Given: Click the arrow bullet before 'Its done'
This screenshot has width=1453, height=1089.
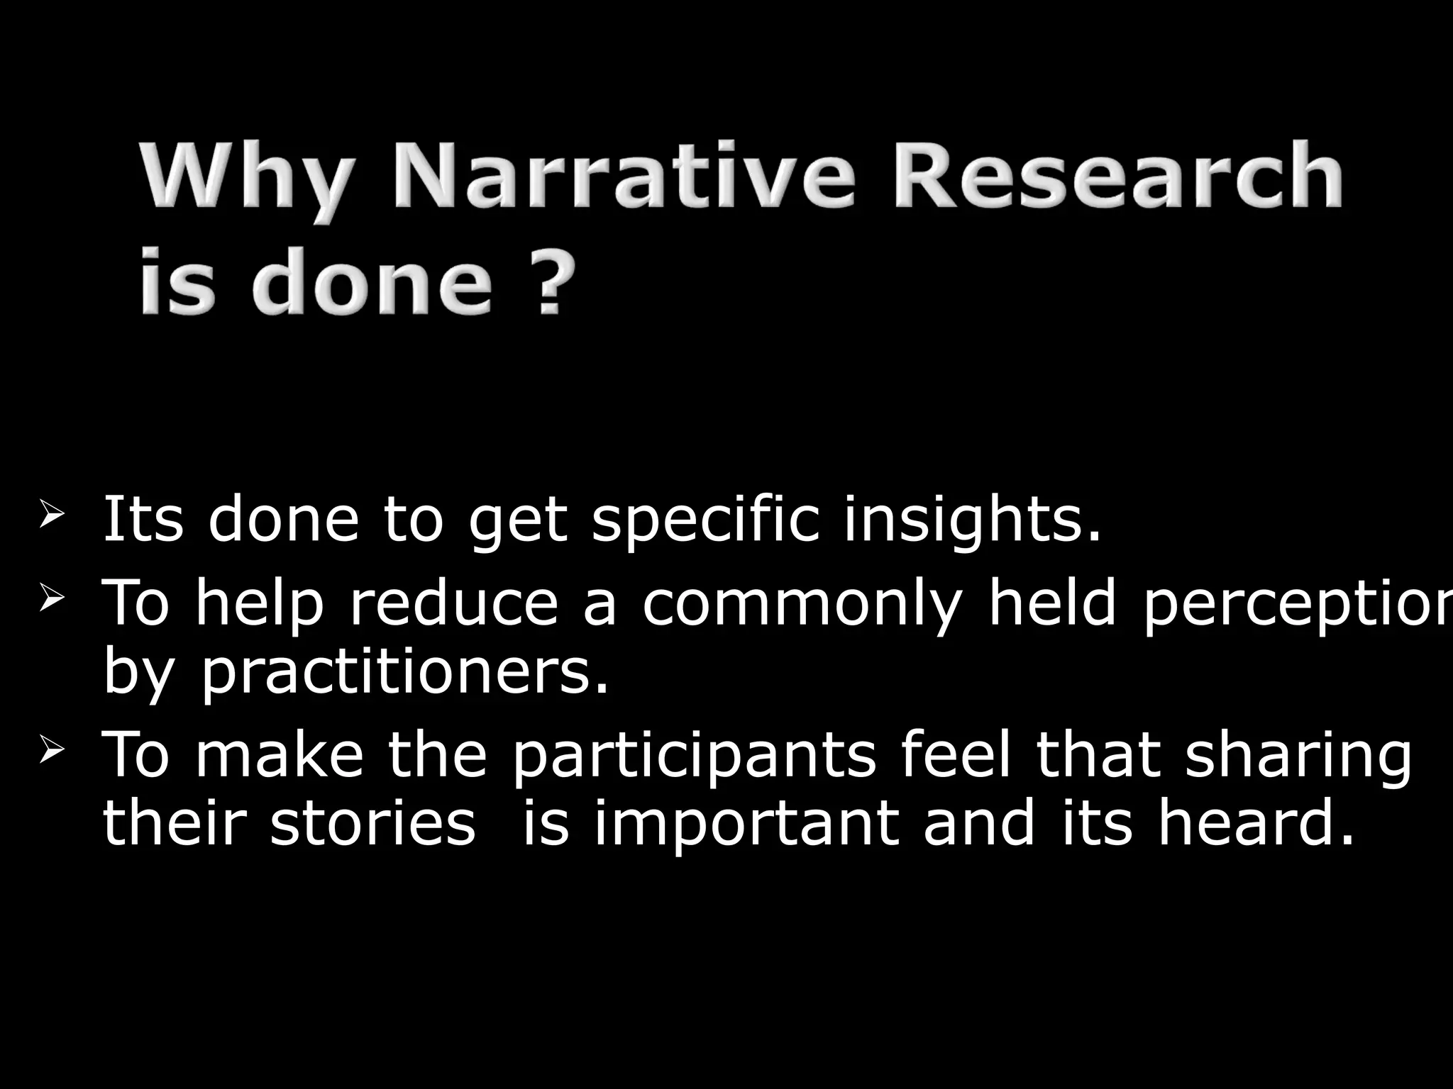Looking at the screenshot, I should pyautogui.click(x=53, y=513).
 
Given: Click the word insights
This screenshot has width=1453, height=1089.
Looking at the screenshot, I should pyautogui.click(x=972, y=520).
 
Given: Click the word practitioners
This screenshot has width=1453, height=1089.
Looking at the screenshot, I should pyautogui.click(x=405, y=674).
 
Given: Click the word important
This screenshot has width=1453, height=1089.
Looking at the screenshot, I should pyautogui.click(x=746, y=827).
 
